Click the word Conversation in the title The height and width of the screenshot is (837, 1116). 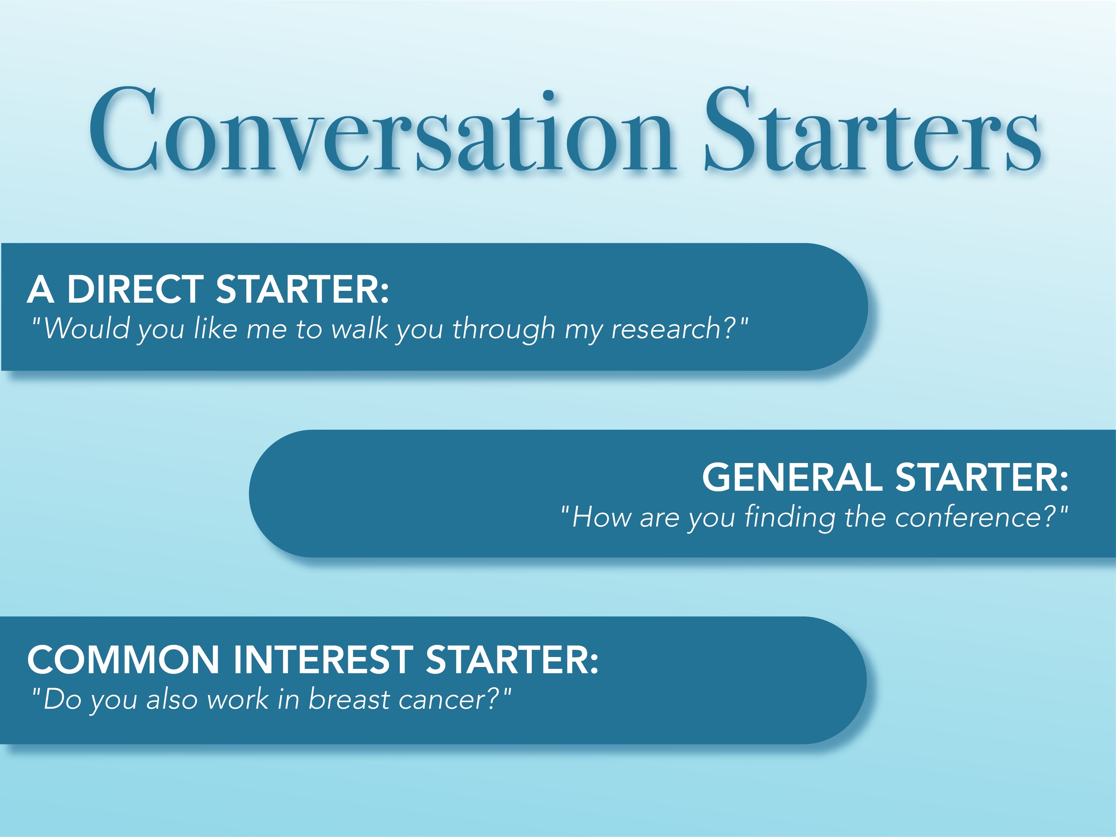point(381,131)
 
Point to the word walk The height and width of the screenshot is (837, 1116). point(359,329)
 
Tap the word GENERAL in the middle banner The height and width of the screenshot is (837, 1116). point(792,477)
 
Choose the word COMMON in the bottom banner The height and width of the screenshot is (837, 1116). point(123,660)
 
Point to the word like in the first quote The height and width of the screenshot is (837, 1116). point(215,329)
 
